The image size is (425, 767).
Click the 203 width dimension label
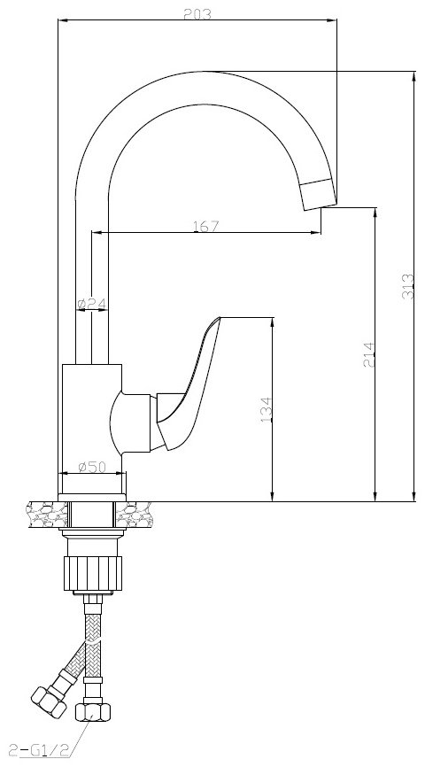[x=197, y=14]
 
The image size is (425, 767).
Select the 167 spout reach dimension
[x=206, y=226]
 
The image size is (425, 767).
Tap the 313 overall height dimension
[x=408, y=287]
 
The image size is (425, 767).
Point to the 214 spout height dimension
[x=368, y=354]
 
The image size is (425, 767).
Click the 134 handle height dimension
[x=266, y=409]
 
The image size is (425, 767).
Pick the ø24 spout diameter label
[x=92, y=304]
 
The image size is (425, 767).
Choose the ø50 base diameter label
[x=92, y=467]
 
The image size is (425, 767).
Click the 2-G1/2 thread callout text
[x=39, y=749]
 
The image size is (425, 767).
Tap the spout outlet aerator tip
[x=319, y=195]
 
